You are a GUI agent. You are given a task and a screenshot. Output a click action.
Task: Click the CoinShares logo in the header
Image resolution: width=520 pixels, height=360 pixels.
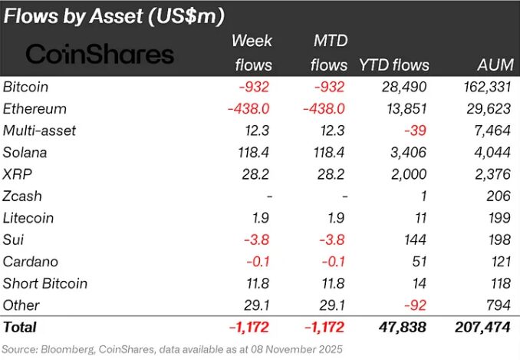100,54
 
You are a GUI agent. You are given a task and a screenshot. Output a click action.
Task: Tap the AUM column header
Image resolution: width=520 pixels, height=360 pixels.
495,64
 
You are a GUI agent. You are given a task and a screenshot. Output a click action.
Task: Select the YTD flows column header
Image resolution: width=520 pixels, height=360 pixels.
394,65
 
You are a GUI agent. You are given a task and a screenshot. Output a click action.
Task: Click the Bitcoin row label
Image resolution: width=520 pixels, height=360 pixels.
25,87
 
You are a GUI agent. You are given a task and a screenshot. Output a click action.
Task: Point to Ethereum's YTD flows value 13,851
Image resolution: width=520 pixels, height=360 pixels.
406,109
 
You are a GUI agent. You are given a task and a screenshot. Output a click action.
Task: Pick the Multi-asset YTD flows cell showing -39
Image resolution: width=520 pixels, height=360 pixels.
415,130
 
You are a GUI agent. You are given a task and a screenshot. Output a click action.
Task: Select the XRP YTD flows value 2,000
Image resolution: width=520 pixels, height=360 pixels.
409,174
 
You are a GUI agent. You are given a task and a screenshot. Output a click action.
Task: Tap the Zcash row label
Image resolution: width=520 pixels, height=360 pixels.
22,196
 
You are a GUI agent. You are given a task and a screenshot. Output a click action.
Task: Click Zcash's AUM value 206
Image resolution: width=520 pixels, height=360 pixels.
499,196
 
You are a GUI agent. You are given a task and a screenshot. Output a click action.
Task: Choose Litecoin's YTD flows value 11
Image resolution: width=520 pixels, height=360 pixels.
420,218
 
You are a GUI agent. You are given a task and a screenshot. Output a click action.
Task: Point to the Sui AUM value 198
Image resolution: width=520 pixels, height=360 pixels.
499,239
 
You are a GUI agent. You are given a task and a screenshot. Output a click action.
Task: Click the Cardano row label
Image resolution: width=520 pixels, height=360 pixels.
31,262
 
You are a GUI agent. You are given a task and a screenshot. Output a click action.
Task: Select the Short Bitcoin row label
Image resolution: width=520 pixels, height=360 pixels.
45,283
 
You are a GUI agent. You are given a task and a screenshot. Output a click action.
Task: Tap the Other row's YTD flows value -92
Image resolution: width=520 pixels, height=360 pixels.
415,306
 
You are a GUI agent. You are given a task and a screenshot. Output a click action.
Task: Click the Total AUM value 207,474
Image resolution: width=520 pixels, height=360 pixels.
482,327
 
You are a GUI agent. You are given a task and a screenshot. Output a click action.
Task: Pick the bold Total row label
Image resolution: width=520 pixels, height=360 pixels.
20,327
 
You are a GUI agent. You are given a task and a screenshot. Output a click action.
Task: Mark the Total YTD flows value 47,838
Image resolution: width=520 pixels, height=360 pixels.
402,327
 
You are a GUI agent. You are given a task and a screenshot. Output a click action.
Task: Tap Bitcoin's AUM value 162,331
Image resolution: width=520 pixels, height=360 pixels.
487,87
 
